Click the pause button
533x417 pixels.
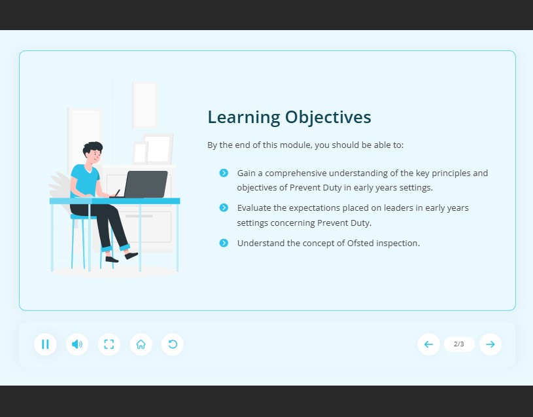click(45, 344)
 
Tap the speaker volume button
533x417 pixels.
click(77, 344)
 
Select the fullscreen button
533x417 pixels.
click(109, 344)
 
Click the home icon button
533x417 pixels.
click(141, 344)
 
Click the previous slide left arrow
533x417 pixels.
click(428, 344)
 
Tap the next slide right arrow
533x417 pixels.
click(490, 344)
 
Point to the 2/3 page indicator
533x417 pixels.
click(459, 344)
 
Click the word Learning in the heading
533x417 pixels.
click(244, 118)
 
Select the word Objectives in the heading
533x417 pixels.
click(328, 118)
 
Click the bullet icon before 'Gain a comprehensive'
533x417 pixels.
click(224, 173)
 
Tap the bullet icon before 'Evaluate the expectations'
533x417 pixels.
click(224, 208)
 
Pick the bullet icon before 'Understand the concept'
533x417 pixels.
click(224, 243)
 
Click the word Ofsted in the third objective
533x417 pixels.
click(360, 243)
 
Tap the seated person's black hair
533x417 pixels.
click(92, 147)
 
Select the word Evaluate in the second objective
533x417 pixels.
click(254, 208)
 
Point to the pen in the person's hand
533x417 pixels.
click(117, 193)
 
